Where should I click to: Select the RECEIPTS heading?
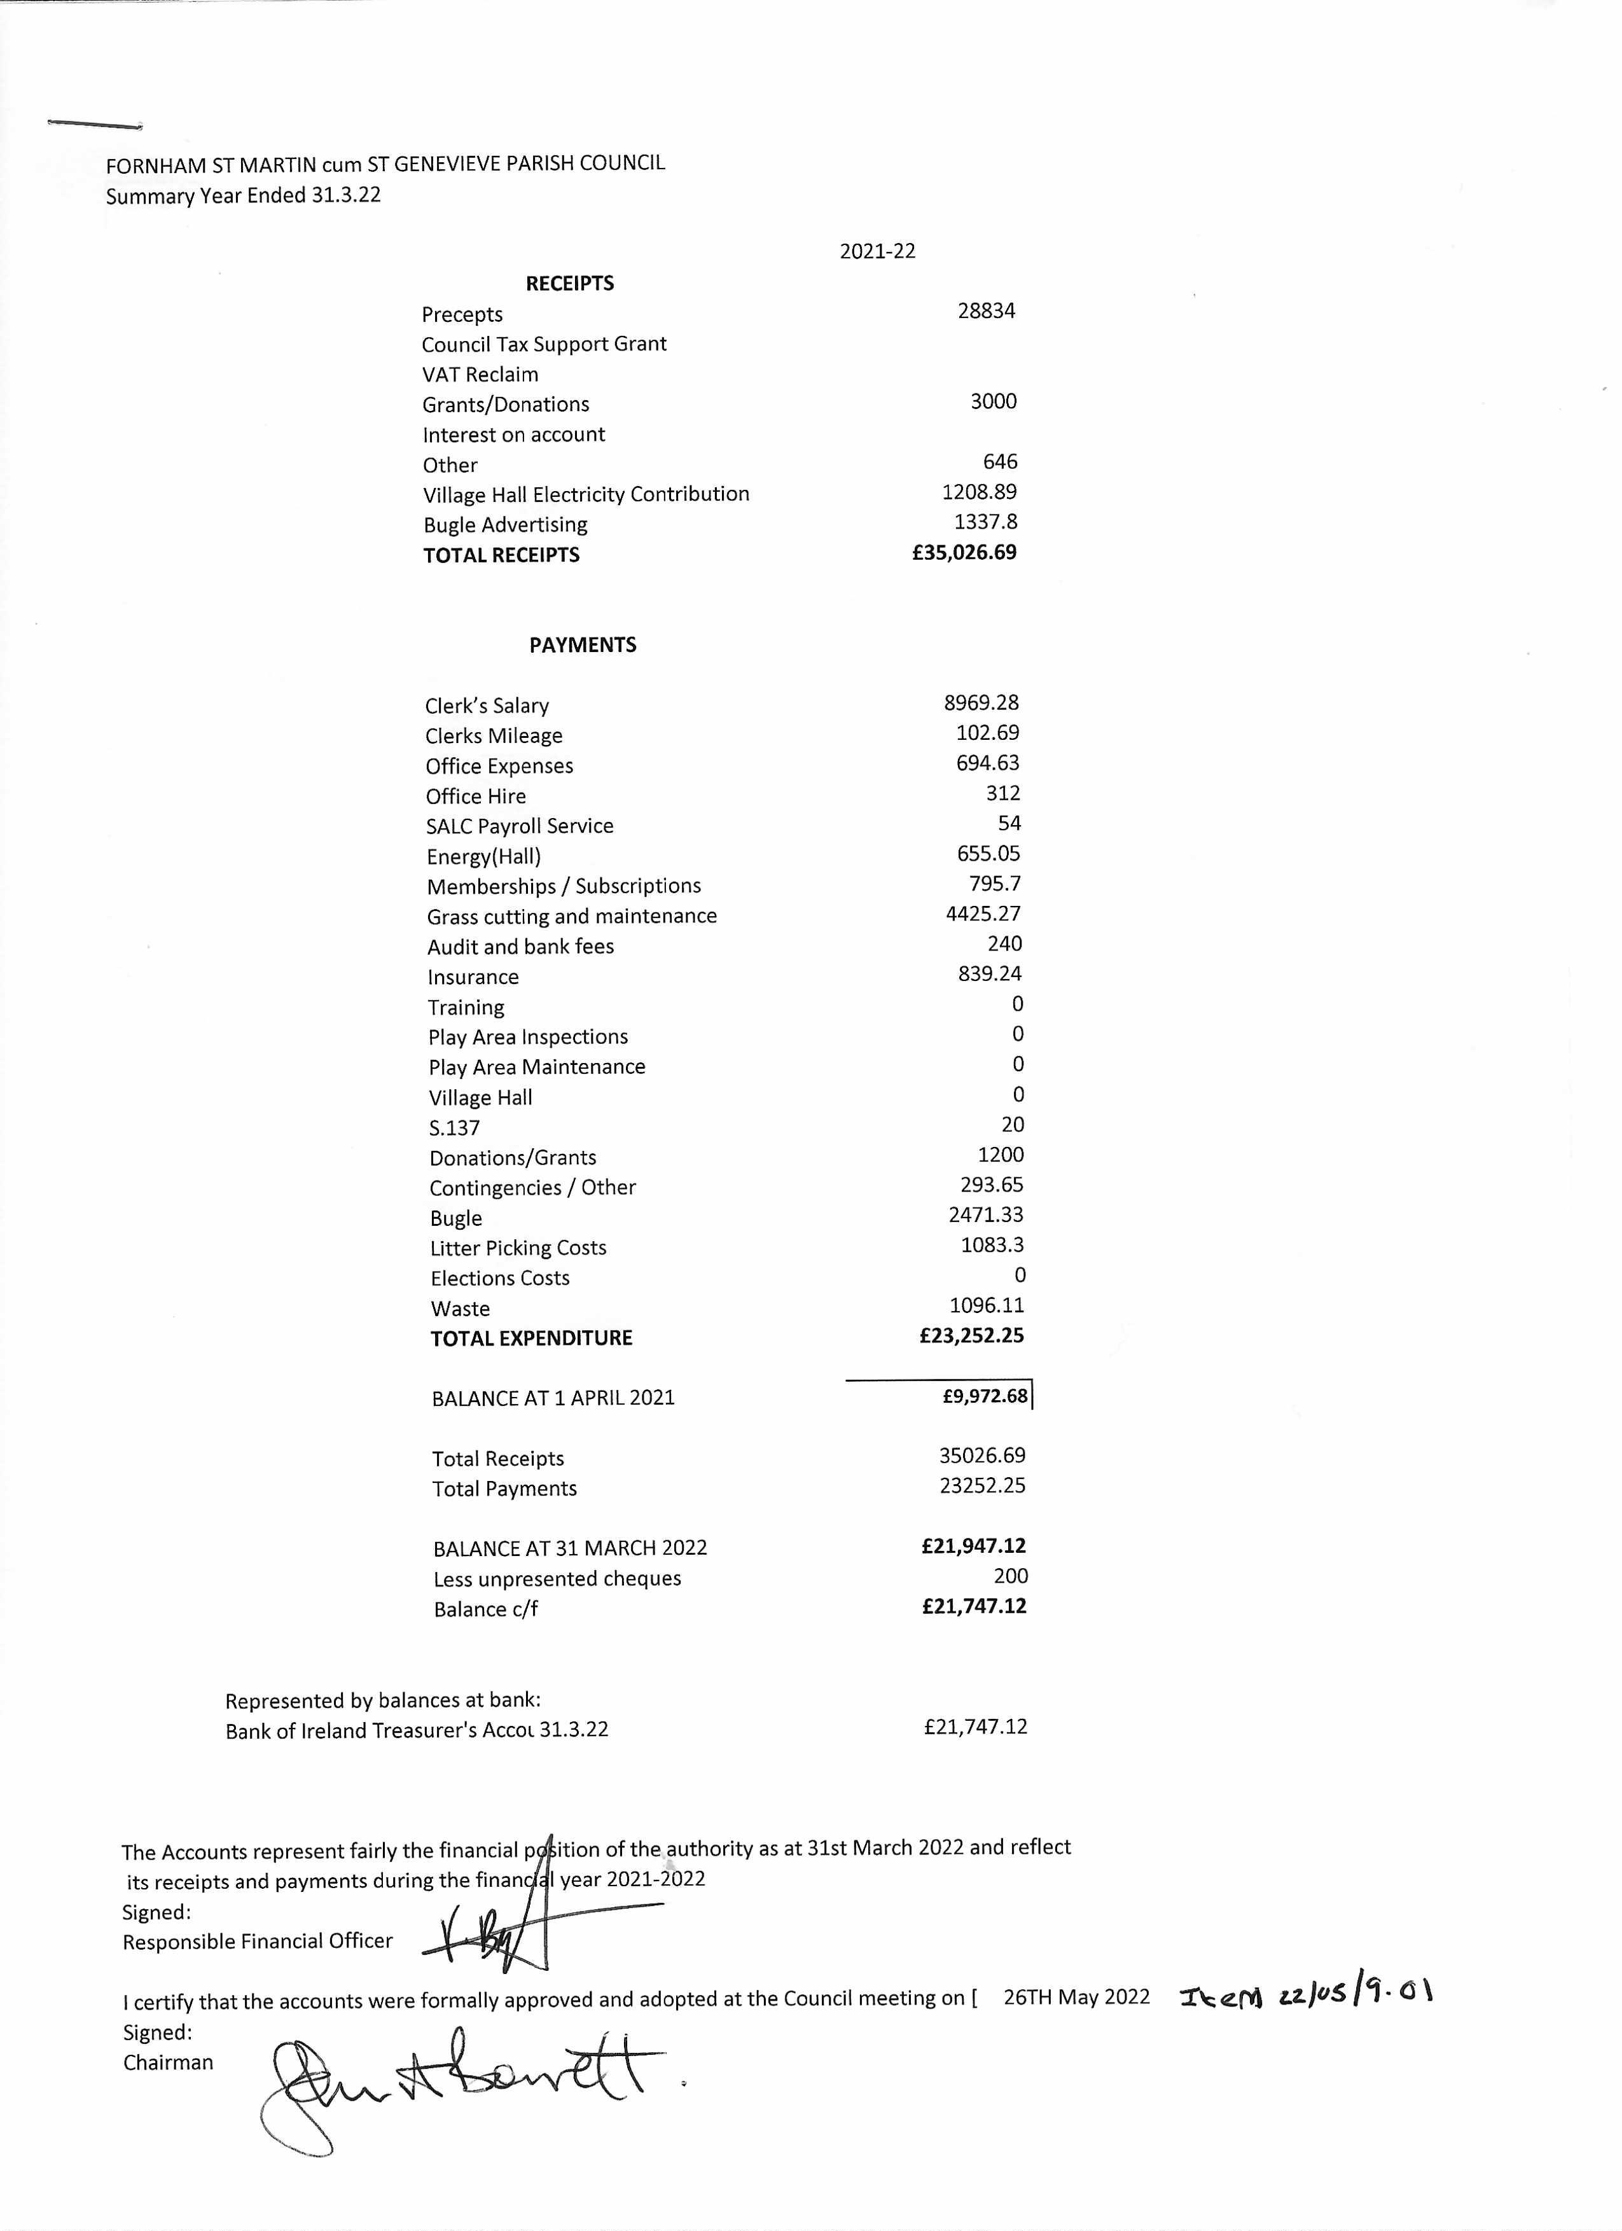tap(569, 283)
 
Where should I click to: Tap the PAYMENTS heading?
tap(582, 645)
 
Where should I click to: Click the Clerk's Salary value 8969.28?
tap(981, 702)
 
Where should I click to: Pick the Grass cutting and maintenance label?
tap(571, 916)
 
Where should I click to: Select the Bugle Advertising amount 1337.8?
tap(985, 522)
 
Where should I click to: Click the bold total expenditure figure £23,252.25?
tap(971, 1336)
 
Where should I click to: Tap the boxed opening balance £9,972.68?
tap(985, 1396)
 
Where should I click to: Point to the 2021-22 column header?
tap(877, 251)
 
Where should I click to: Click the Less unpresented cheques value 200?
tap(1010, 1576)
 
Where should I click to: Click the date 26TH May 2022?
tap(1076, 1997)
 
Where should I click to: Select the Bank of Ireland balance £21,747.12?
tap(974, 1727)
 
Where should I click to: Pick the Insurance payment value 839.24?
tap(990, 974)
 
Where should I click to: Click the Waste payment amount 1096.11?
tap(987, 1305)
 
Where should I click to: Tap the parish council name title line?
tap(385, 164)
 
